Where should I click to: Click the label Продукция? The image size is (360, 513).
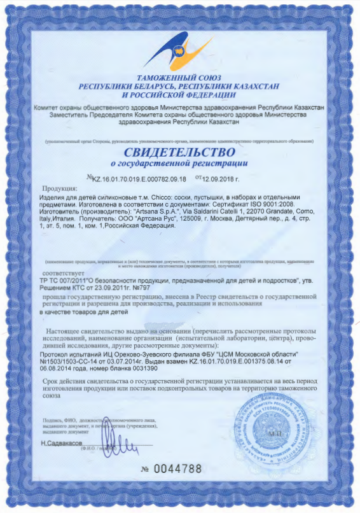point(59,189)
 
